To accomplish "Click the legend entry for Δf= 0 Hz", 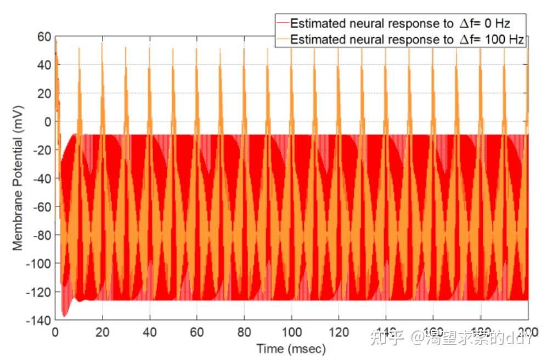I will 401,23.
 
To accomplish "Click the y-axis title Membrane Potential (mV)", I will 19,178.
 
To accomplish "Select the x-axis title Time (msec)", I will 291,348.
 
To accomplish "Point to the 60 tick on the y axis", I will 44,37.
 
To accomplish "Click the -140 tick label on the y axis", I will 40,320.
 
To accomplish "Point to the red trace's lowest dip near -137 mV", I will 64,316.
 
